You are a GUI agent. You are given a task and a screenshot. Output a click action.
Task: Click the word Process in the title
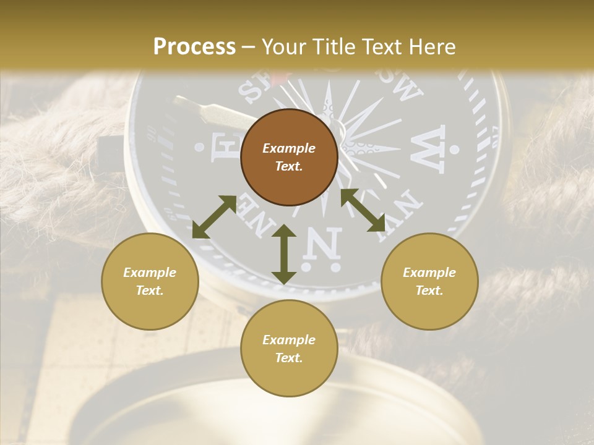[x=194, y=47]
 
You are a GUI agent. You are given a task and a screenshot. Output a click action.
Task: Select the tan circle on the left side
[x=150, y=281]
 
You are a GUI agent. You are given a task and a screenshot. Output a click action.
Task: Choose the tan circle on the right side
[x=429, y=281]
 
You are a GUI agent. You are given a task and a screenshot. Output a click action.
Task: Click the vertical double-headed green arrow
[x=284, y=254]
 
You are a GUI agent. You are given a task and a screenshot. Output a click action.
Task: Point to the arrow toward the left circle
[x=214, y=217]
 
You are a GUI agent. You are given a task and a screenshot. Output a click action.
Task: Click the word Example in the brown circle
[x=289, y=148]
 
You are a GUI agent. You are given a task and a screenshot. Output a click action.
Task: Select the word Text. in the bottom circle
[x=289, y=358]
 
